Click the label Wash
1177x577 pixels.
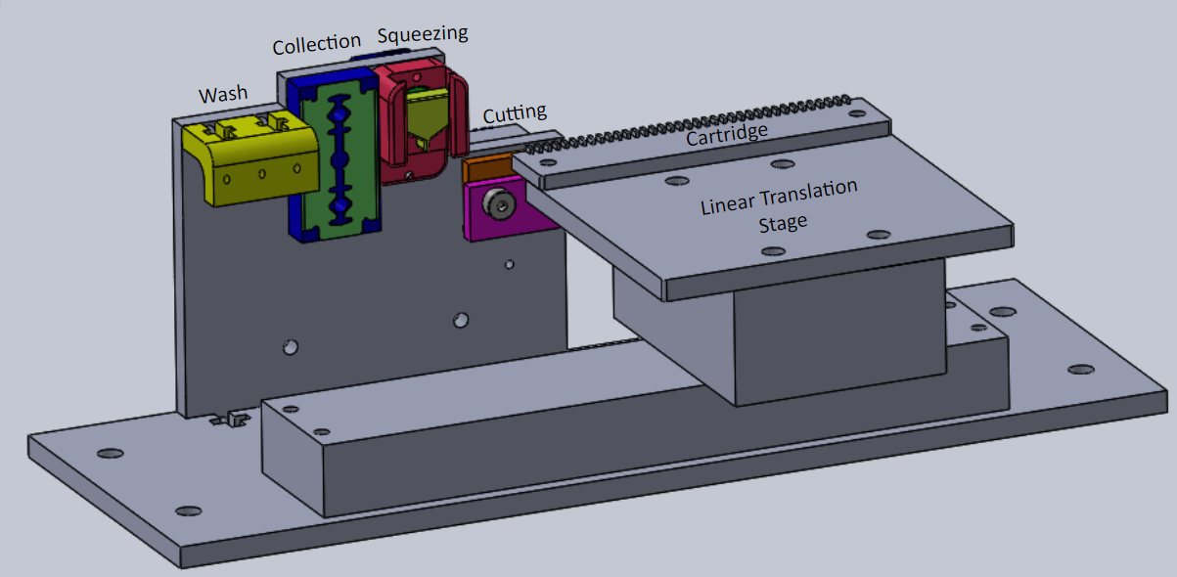[x=223, y=95]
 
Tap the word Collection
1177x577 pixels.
[x=316, y=45]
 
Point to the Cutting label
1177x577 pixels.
[x=515, y=113]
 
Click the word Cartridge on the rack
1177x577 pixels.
[x=726, y=133]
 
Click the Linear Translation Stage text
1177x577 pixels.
[x=780, y=203]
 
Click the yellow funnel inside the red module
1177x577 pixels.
[x=429, y=117]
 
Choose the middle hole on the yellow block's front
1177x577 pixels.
[x=262, y=173]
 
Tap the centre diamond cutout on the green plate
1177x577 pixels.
[x=340, y=158]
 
